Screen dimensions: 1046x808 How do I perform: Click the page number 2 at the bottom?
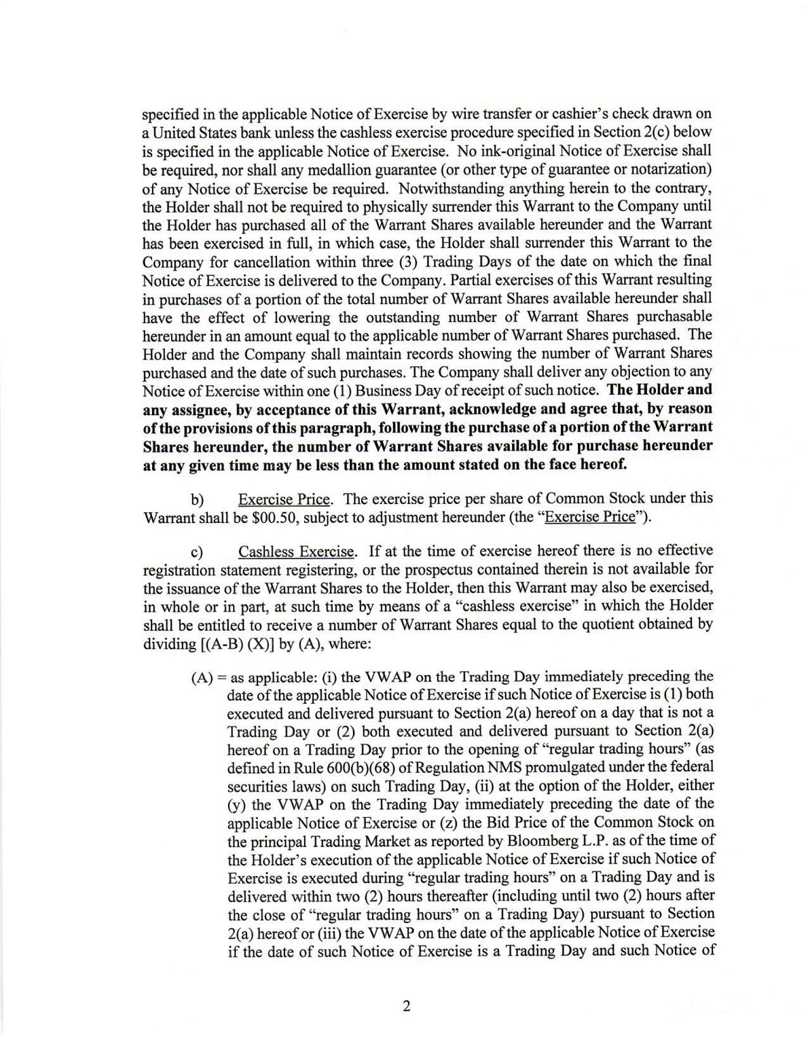[406, 1006]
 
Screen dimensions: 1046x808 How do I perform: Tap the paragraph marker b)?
[197, 500]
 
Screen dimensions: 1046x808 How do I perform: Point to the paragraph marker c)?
[197, 552]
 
